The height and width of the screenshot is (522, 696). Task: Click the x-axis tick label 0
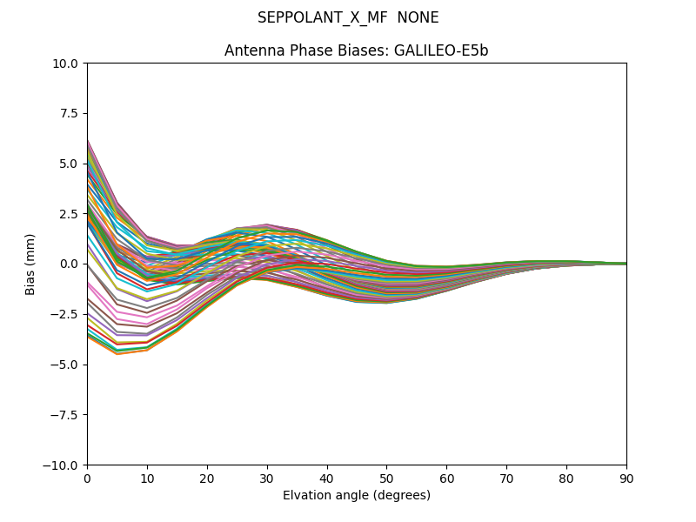(87, 478)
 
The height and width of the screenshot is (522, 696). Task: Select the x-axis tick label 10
(147, 478)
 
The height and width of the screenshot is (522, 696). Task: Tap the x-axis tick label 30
(267, 478)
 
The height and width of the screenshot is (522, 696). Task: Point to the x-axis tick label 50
(386, 478)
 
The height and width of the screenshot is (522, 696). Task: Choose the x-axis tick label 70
(506, 478)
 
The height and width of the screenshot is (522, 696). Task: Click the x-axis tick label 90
(626, 478)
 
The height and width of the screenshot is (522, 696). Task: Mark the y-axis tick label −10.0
(64, 465)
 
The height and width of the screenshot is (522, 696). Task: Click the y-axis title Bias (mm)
(30, 264)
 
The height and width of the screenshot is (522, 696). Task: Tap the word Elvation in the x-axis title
(305, 496)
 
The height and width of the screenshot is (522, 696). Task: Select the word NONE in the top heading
(418, 18)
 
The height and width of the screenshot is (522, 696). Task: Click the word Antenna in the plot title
(251, 51)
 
